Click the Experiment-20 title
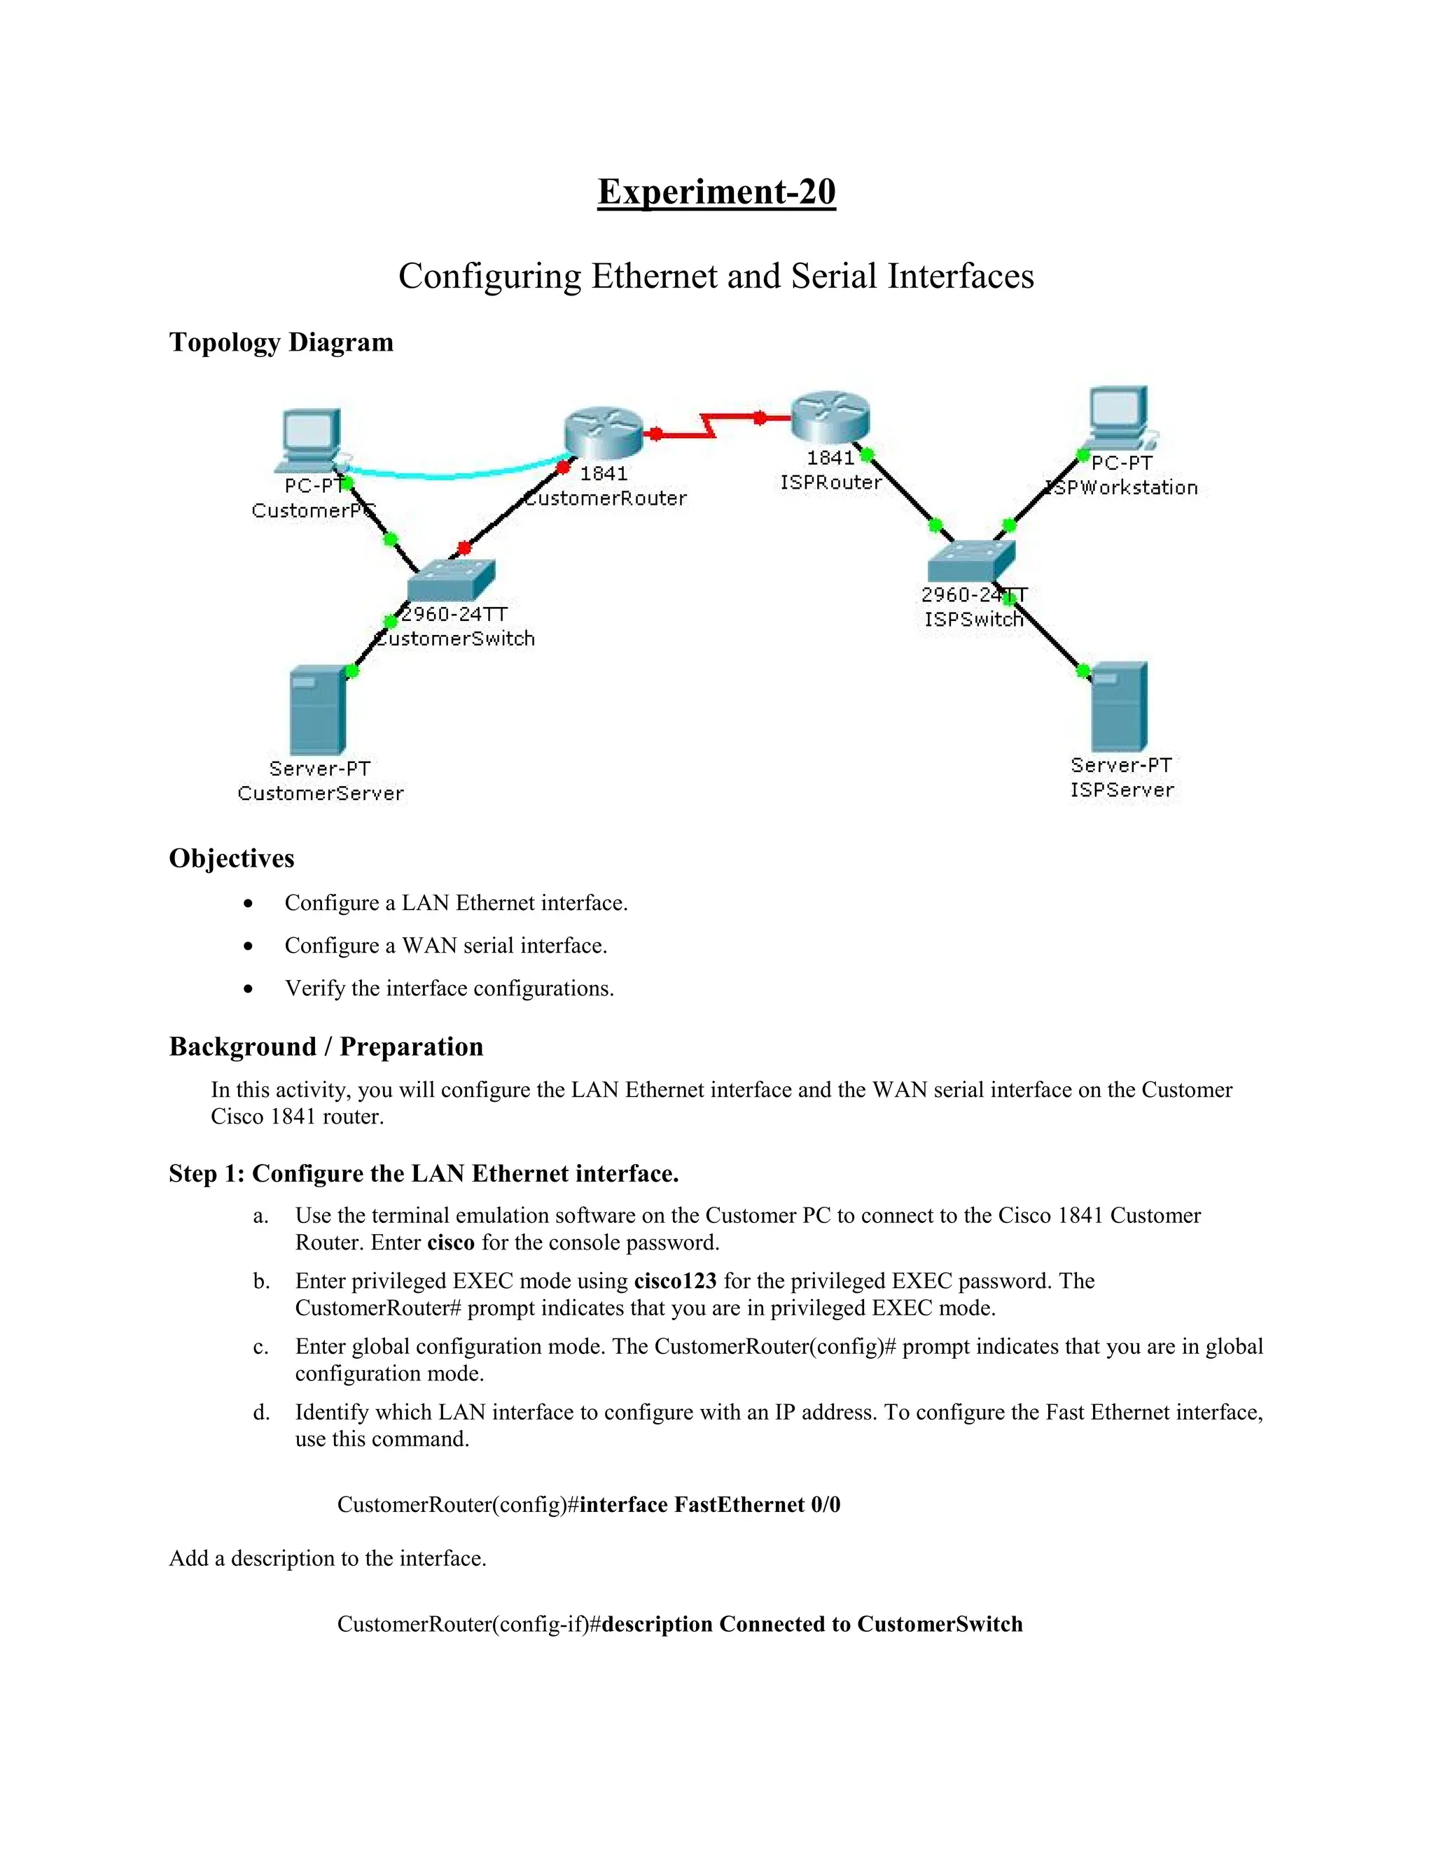point(716,191)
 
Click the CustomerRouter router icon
point(603,431)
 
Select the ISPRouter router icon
point(830,416)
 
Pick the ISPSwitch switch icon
point(971,561)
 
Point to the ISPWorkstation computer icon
point(1119,417)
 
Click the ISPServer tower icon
point(1120,707)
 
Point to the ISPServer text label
point(1122,790)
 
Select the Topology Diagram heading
point(281,342)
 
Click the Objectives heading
point(232,858)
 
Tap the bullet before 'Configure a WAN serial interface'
point(248,946)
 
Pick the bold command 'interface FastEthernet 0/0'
point(710,1505)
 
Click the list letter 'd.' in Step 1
point(262,1413)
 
